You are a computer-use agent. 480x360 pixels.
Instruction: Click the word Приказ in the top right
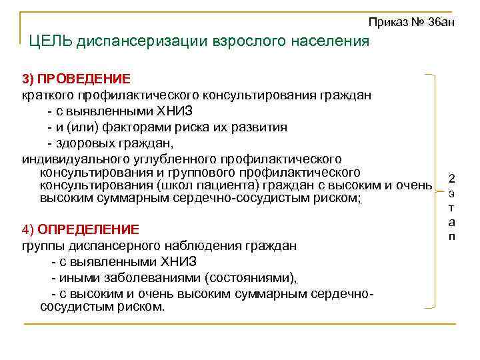click(x=386, y=22)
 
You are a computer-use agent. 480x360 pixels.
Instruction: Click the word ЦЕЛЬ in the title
click(x=50, y=41)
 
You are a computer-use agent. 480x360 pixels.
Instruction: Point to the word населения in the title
click(x=331, y=41)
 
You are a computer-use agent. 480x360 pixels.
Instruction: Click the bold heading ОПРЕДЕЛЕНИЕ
click(x=88, y=229)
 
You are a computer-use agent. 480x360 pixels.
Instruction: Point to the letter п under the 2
click(x=452, y=237)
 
